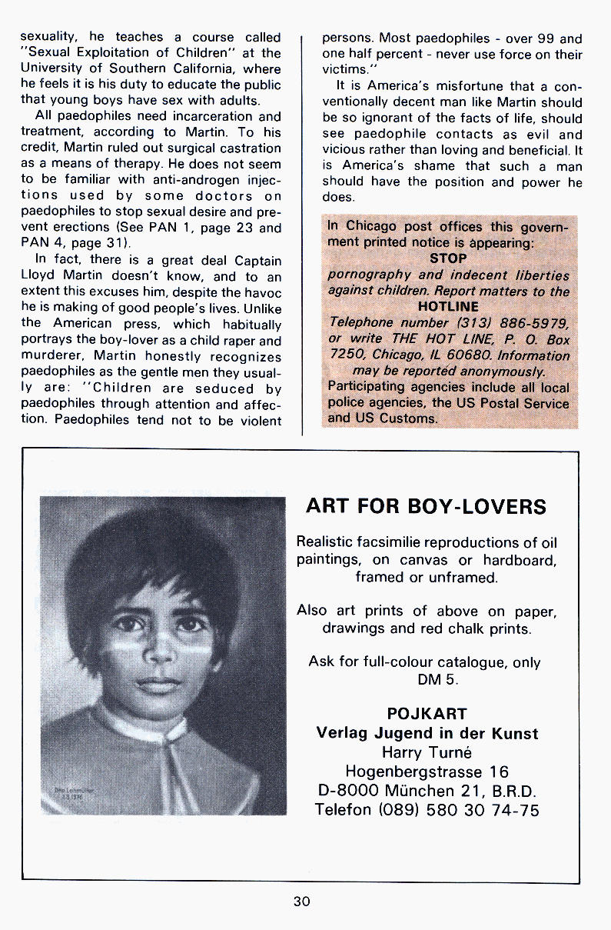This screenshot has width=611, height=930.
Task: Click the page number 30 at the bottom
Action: pyautogui.click(x=301, y=902)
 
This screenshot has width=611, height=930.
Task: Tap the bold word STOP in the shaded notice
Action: pyautogui.click(x=448, y=258)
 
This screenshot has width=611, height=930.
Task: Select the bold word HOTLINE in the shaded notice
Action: pyautogui.click(x=448, y=307)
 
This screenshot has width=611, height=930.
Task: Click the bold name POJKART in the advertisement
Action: pyautogui.click(x=427, y=713)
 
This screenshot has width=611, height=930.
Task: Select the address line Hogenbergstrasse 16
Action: pyautogui.click(x=427, y=772)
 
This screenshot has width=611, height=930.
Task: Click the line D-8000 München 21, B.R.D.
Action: pyautogui.click(x=427, y=791)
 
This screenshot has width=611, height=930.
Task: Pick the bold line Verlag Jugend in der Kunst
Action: pyautogui.click(x=427, y=733)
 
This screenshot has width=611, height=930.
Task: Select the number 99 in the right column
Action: pyautogui.click(x=540, y=38)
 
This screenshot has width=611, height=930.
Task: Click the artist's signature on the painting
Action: pyautogui.click(x=71, y=792)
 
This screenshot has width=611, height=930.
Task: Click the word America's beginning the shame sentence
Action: pyautogui.click(x=372, y=165)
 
